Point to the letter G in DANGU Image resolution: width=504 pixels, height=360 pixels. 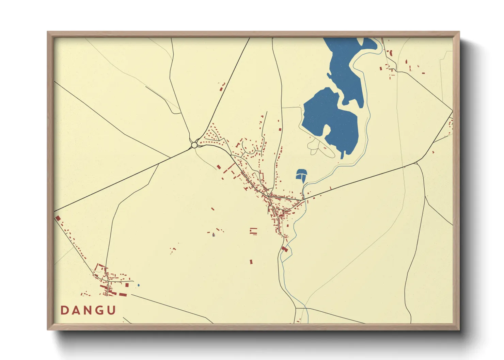coord(99,310)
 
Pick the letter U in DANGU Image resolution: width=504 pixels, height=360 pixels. coord(111,310)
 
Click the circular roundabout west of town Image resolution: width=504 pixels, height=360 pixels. coord(194,145)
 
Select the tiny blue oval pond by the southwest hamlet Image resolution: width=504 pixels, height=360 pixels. coord(138,285)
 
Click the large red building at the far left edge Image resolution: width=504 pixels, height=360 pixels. coord(58,218)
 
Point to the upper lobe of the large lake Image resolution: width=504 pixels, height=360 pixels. coord(344,65)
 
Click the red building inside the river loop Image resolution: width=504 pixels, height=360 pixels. coord(285,249)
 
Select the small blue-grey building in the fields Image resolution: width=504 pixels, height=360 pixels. coord(214,235)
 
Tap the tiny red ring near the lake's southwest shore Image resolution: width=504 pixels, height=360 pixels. coord(325,148)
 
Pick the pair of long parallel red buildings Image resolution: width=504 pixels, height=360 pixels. coord(253,231)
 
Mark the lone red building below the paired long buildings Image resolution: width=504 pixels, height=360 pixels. coord(251,262)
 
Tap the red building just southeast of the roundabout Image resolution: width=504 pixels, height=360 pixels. coord(219,167)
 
